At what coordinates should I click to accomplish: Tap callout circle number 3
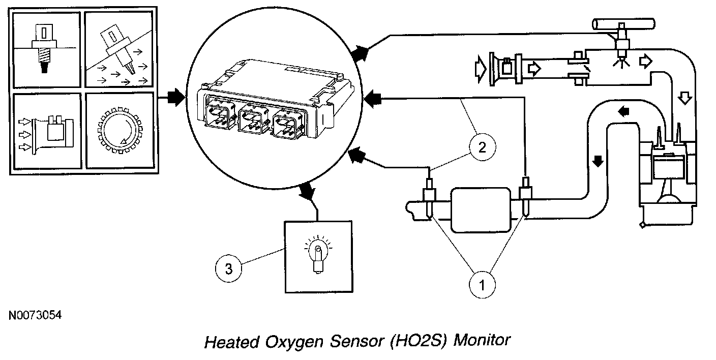(229, 269)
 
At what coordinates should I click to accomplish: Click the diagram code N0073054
(35, 316)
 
